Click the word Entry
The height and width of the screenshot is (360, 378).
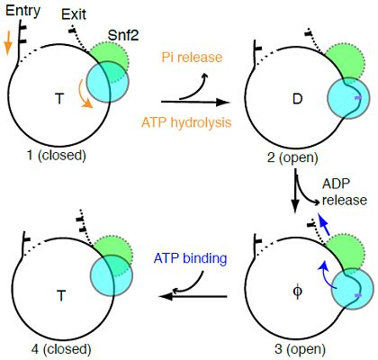pos(22,11)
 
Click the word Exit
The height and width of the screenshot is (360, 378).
pos(74,14)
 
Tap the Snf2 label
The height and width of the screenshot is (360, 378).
pos(123,36)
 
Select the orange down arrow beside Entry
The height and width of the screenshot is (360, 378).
pos(9,43)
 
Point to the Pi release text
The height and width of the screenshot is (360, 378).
pos(193,58)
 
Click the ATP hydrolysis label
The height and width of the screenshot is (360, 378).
pos(186,122)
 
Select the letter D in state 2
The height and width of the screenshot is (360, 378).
pos(297,99)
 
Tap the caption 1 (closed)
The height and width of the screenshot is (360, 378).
pos(57,156)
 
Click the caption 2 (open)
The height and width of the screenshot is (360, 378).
pos(292,157)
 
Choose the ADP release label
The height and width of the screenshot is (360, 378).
pos(345,192)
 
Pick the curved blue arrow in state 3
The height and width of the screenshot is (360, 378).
pos(325,274)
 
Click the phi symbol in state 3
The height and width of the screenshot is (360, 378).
pos(297,291)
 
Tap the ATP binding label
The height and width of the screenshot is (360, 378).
pos(190,258)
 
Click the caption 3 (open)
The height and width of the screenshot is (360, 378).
pos(300,349)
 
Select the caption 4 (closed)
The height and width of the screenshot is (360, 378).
pos(61,349)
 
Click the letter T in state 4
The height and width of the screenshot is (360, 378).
pos(61,296)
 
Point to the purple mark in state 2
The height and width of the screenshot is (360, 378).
pos(358,98)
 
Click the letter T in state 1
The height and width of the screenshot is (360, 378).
pos(59,98)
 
